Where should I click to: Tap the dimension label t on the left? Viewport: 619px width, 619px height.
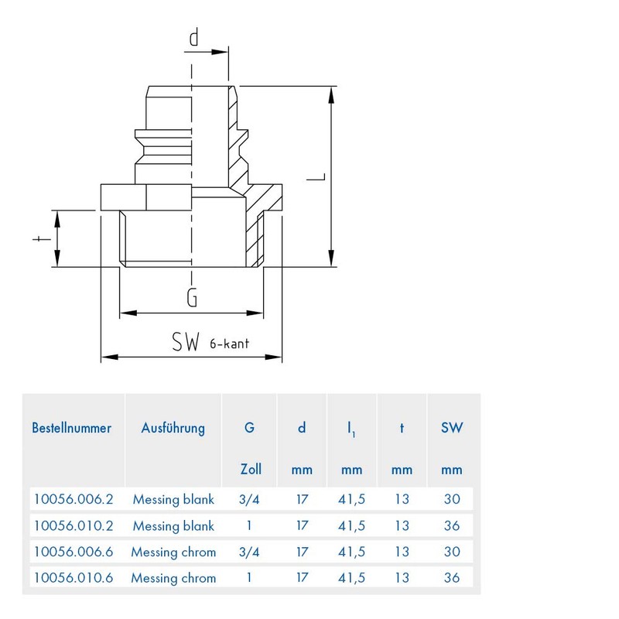pyautogui.click(x=37, y=240)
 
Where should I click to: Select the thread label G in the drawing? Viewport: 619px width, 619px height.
pyautogui.click(x=193, y=299)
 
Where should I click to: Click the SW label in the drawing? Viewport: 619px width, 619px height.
pyautogui.click(x=186, y=341)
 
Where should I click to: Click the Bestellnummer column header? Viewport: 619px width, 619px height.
pyautogui.click(x=72, y=428)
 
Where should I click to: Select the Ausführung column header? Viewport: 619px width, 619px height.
pyautogui.click(x=173, y=428)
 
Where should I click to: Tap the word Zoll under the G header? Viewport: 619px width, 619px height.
pyautogui.click(x=251, y=469)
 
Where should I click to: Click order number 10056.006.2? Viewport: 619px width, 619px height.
pyautogui.click(x=74, y=500)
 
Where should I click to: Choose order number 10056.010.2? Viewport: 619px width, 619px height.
pyautogui.click(x=74, y=526)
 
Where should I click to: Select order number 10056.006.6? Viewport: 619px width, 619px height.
pyautogui.click(x=74, y=552)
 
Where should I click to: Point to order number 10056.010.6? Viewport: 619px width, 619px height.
pyautogui.click(x=74, y=578)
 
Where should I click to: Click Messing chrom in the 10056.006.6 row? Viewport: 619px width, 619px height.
pyautogui.click(x=173, y=552)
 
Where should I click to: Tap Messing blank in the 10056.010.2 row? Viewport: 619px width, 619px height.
pyautogui.click(x=173, y=526)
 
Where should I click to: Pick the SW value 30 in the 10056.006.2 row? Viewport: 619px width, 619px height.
pyautogui.click(x=452, y=500)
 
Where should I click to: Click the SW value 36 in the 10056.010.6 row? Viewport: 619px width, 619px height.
pyautogui.click(x=452, y=578)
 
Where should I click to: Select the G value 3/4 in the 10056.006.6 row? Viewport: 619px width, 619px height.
pyautogui.click(x=251, y=552)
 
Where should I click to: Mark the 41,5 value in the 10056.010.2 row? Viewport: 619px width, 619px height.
pyautogui.click(x=352, y=526)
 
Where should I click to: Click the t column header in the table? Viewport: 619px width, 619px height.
pyautogui.click(x=402, y=429)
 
